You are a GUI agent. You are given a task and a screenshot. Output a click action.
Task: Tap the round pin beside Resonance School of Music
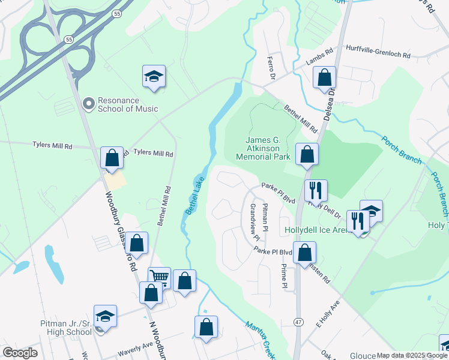tap(89, 105)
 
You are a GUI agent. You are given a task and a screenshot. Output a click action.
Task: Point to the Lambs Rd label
tap(319, 56)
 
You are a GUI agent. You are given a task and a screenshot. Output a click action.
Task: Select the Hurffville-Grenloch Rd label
tap(378, 55)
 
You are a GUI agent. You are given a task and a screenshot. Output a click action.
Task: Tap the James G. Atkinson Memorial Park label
tap(264, 149)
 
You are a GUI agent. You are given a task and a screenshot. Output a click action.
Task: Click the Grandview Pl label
tap(253, 218)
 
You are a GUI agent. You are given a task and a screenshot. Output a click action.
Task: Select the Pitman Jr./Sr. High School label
tap(66, 328)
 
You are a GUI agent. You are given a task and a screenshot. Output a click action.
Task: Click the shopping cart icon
tap(159, 276)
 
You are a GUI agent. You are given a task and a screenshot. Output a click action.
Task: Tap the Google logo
tap(20, 353)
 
